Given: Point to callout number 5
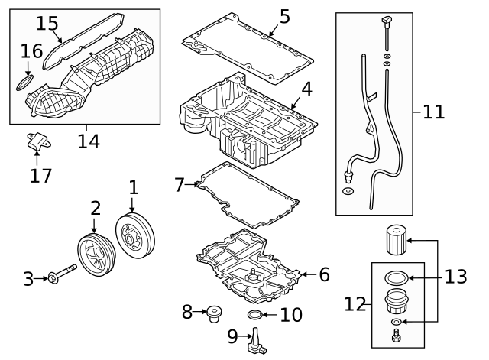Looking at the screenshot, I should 284,16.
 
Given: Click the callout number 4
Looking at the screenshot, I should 306,89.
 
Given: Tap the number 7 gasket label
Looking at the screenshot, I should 180,184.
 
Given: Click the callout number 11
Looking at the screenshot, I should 433,112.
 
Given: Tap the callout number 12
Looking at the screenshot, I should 355,304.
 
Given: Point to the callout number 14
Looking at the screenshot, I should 89,141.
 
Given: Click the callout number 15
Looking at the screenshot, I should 47,23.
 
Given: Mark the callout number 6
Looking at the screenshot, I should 324,274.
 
